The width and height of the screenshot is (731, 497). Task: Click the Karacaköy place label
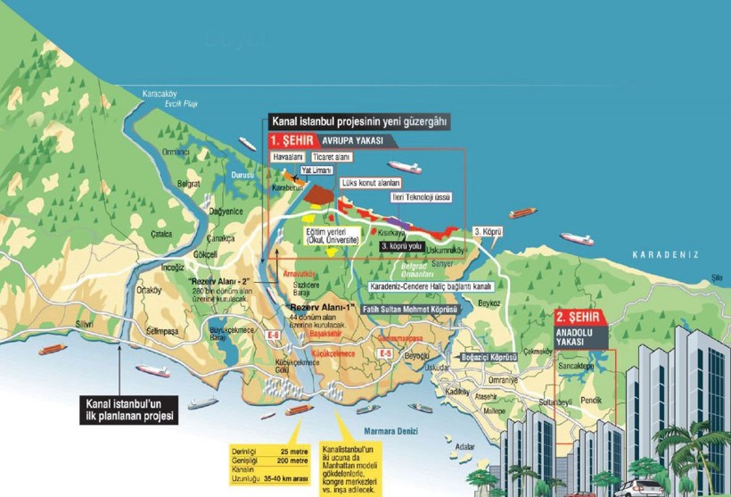click(160, 94)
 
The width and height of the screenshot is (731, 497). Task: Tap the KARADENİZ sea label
click(665, 255)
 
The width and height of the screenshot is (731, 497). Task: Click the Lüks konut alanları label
click(371, 183)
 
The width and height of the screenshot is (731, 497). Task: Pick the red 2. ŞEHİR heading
click(583, 317)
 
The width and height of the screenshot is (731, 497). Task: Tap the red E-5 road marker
click(385, 354)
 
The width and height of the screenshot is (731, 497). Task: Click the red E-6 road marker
click(273, 335)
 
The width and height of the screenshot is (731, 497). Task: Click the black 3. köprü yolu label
click(402, 245)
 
